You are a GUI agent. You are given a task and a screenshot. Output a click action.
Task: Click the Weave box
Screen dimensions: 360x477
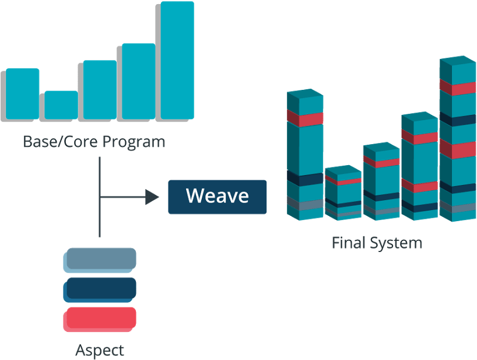[217, 197]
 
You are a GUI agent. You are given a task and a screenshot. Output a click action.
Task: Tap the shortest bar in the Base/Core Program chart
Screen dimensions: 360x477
[61, 105]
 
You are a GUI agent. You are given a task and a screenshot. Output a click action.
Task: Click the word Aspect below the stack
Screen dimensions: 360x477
[100, 350]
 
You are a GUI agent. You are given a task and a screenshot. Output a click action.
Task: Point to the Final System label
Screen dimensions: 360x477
[376, 242]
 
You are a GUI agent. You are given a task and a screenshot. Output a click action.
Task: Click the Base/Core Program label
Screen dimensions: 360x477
[94, 142]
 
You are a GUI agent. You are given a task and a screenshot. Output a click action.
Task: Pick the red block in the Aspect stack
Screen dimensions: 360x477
[100, 319]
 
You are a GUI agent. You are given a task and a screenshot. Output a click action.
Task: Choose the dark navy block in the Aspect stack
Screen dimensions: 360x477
[100, 289]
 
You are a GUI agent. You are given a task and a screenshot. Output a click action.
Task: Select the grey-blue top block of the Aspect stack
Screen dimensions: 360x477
[100, 260]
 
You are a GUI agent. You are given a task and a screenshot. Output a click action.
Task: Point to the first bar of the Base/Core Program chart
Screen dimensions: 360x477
[22, 93]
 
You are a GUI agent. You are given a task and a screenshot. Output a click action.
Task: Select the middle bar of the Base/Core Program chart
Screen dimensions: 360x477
[100, 89]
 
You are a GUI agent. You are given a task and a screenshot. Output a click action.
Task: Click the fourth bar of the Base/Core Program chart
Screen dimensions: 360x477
[138, 81]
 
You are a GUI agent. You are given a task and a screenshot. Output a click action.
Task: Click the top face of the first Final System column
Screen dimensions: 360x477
[305, 93]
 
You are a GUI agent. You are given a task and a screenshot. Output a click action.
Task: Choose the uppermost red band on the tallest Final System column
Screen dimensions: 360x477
[458, 88]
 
